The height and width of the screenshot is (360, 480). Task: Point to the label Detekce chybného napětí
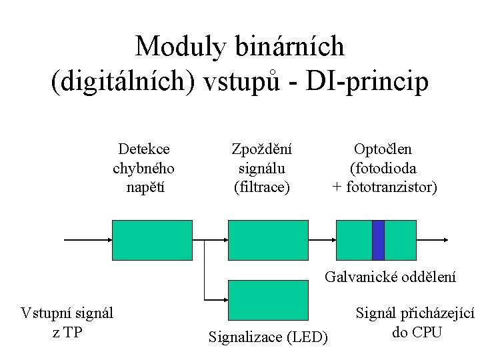(x=144, y=168)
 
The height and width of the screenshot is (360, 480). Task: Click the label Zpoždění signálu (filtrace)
(x=262, y=168)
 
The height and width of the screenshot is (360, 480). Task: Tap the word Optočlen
(x=383, y=149)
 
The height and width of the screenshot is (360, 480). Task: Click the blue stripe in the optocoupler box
(x=378, y=240)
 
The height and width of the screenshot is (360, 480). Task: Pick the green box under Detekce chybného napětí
(x=152, y=240)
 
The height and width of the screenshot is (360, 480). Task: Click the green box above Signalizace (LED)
(x=269, y=300)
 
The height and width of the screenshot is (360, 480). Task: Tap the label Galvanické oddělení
(x=391, y=276)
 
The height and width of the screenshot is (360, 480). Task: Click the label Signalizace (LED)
(x=268, y=337)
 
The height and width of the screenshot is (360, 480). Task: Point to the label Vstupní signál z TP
(x=67, y=322)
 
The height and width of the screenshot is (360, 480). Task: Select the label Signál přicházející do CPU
(x=415, y=322)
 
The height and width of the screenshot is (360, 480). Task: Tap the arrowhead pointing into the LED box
(x=225, y=300)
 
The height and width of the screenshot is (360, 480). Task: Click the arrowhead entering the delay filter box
(x=225, y=240)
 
